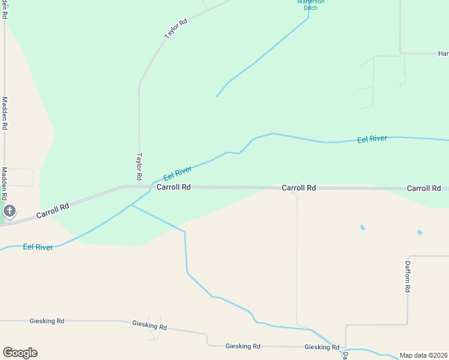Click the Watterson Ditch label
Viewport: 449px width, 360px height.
click(x=311, y=5)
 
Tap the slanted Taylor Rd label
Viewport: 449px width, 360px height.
click(x=176, y=29)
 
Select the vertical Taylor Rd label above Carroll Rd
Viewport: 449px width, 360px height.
click(x=139, y=167)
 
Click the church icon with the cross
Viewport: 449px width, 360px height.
click(x=9, y=211)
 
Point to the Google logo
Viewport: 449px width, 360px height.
click(x=20, y=353)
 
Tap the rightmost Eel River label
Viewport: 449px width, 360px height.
click(x=372, y=139)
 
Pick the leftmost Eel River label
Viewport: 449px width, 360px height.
click(x=38, y=247)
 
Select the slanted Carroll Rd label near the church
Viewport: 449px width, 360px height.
click(x=52, y=210)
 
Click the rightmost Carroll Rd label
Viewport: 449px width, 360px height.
click(x=424, y=188)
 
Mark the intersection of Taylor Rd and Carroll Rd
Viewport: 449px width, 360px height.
click(x=139, y=187)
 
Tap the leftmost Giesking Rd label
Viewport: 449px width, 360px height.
click(x=47, y=321)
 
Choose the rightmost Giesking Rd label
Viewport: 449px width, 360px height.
click(x=322, y=347)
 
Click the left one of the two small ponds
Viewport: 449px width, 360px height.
click(x=362, y=227)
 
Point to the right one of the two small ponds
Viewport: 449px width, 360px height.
click(x=420, y=232)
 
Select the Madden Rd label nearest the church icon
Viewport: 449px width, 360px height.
click(x=4, y=184)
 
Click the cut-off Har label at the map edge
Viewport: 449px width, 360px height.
click(x=443, y=54)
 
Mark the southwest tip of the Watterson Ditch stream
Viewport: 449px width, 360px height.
click(x=217, y=96)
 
